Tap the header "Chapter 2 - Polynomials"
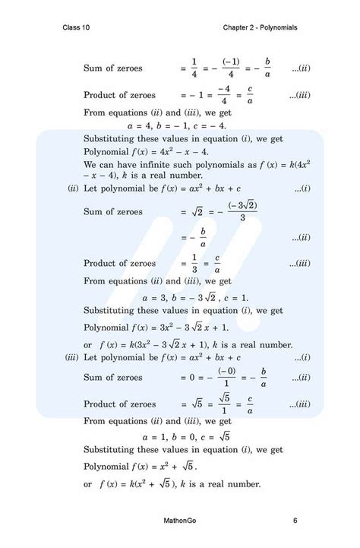coord(260,27)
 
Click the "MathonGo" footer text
coord(179,521)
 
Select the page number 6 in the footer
coord(295,521)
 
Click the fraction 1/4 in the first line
coord(194,68)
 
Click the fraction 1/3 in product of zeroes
coord(194,263)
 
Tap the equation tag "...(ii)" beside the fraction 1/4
coord(302,68)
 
